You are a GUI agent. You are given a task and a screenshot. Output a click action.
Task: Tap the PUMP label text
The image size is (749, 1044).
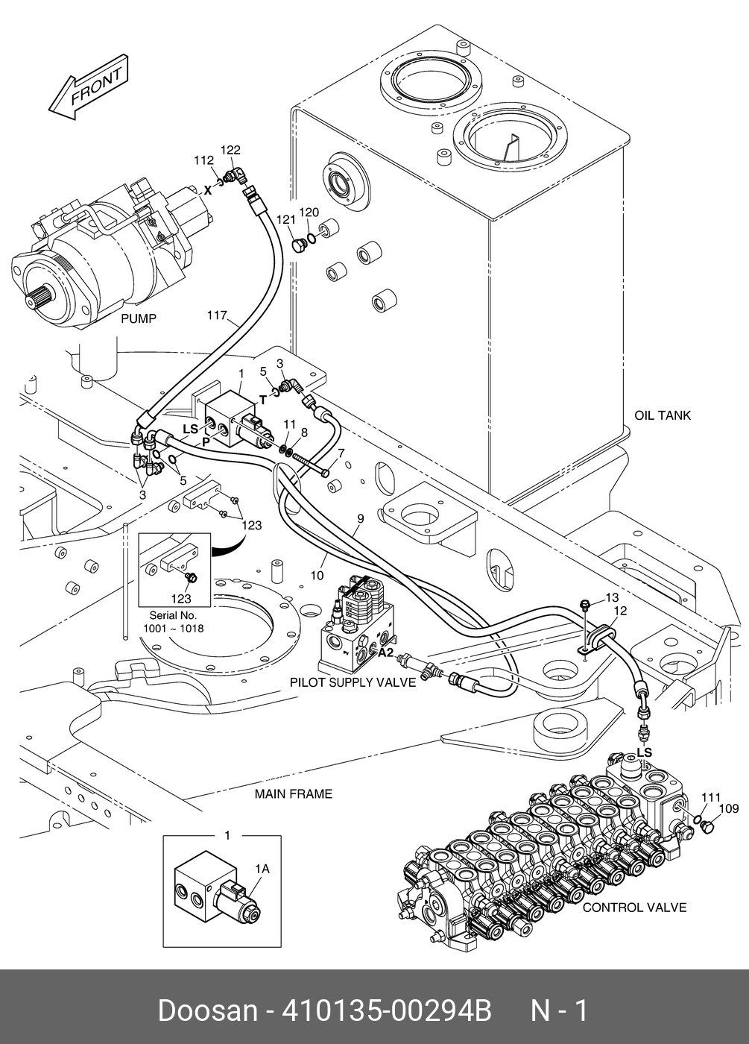click(x=139, y=319)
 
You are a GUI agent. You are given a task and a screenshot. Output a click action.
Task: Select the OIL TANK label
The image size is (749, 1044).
click(x=663, y=415)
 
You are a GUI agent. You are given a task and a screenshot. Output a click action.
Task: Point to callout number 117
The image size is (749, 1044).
click(x=217, y=315)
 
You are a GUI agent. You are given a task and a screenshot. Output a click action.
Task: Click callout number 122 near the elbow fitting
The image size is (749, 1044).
click(x=230, y=150)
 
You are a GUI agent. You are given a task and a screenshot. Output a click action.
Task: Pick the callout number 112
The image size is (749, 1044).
click(x=203, y=160)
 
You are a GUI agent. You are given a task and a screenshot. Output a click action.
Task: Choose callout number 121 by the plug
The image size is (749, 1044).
click(x=286, y=219)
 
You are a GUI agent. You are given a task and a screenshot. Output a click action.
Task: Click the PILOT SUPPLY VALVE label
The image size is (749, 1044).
click(x=353, y=682)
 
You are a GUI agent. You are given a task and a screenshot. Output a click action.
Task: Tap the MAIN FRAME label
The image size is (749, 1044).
click(x=294, y=793)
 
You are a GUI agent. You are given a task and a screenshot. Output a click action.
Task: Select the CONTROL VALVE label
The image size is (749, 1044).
click(x=634, y=908)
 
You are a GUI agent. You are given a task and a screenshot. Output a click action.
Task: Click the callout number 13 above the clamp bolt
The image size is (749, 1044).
click(x=612, y=597)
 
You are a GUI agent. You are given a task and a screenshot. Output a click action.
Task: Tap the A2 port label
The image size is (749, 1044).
click(x=386, y=653)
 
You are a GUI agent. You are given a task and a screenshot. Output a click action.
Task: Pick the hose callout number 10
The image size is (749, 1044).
click(x=317, y=576)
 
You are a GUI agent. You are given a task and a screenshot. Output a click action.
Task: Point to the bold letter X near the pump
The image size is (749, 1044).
click(x=208, y=190)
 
